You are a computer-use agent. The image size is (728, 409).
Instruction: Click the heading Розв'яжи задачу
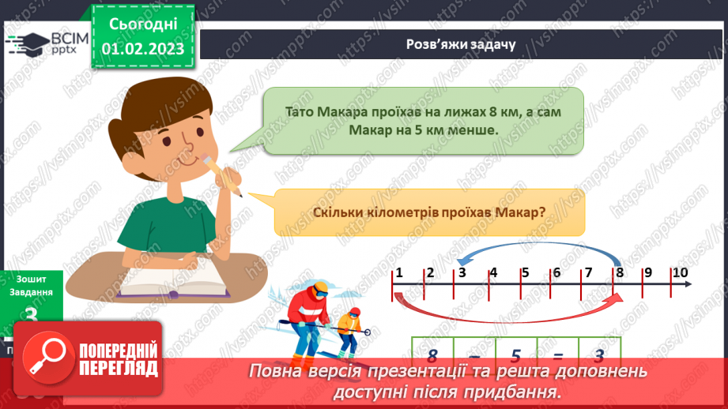tap(461, 44)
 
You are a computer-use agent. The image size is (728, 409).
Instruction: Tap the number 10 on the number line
tap(680, 273)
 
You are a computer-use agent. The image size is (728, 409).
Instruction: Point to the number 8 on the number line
tap(620, 273)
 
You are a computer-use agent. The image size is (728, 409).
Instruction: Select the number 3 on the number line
tap(461, 273)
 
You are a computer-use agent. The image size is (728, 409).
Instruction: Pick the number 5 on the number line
tap(525, 273)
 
